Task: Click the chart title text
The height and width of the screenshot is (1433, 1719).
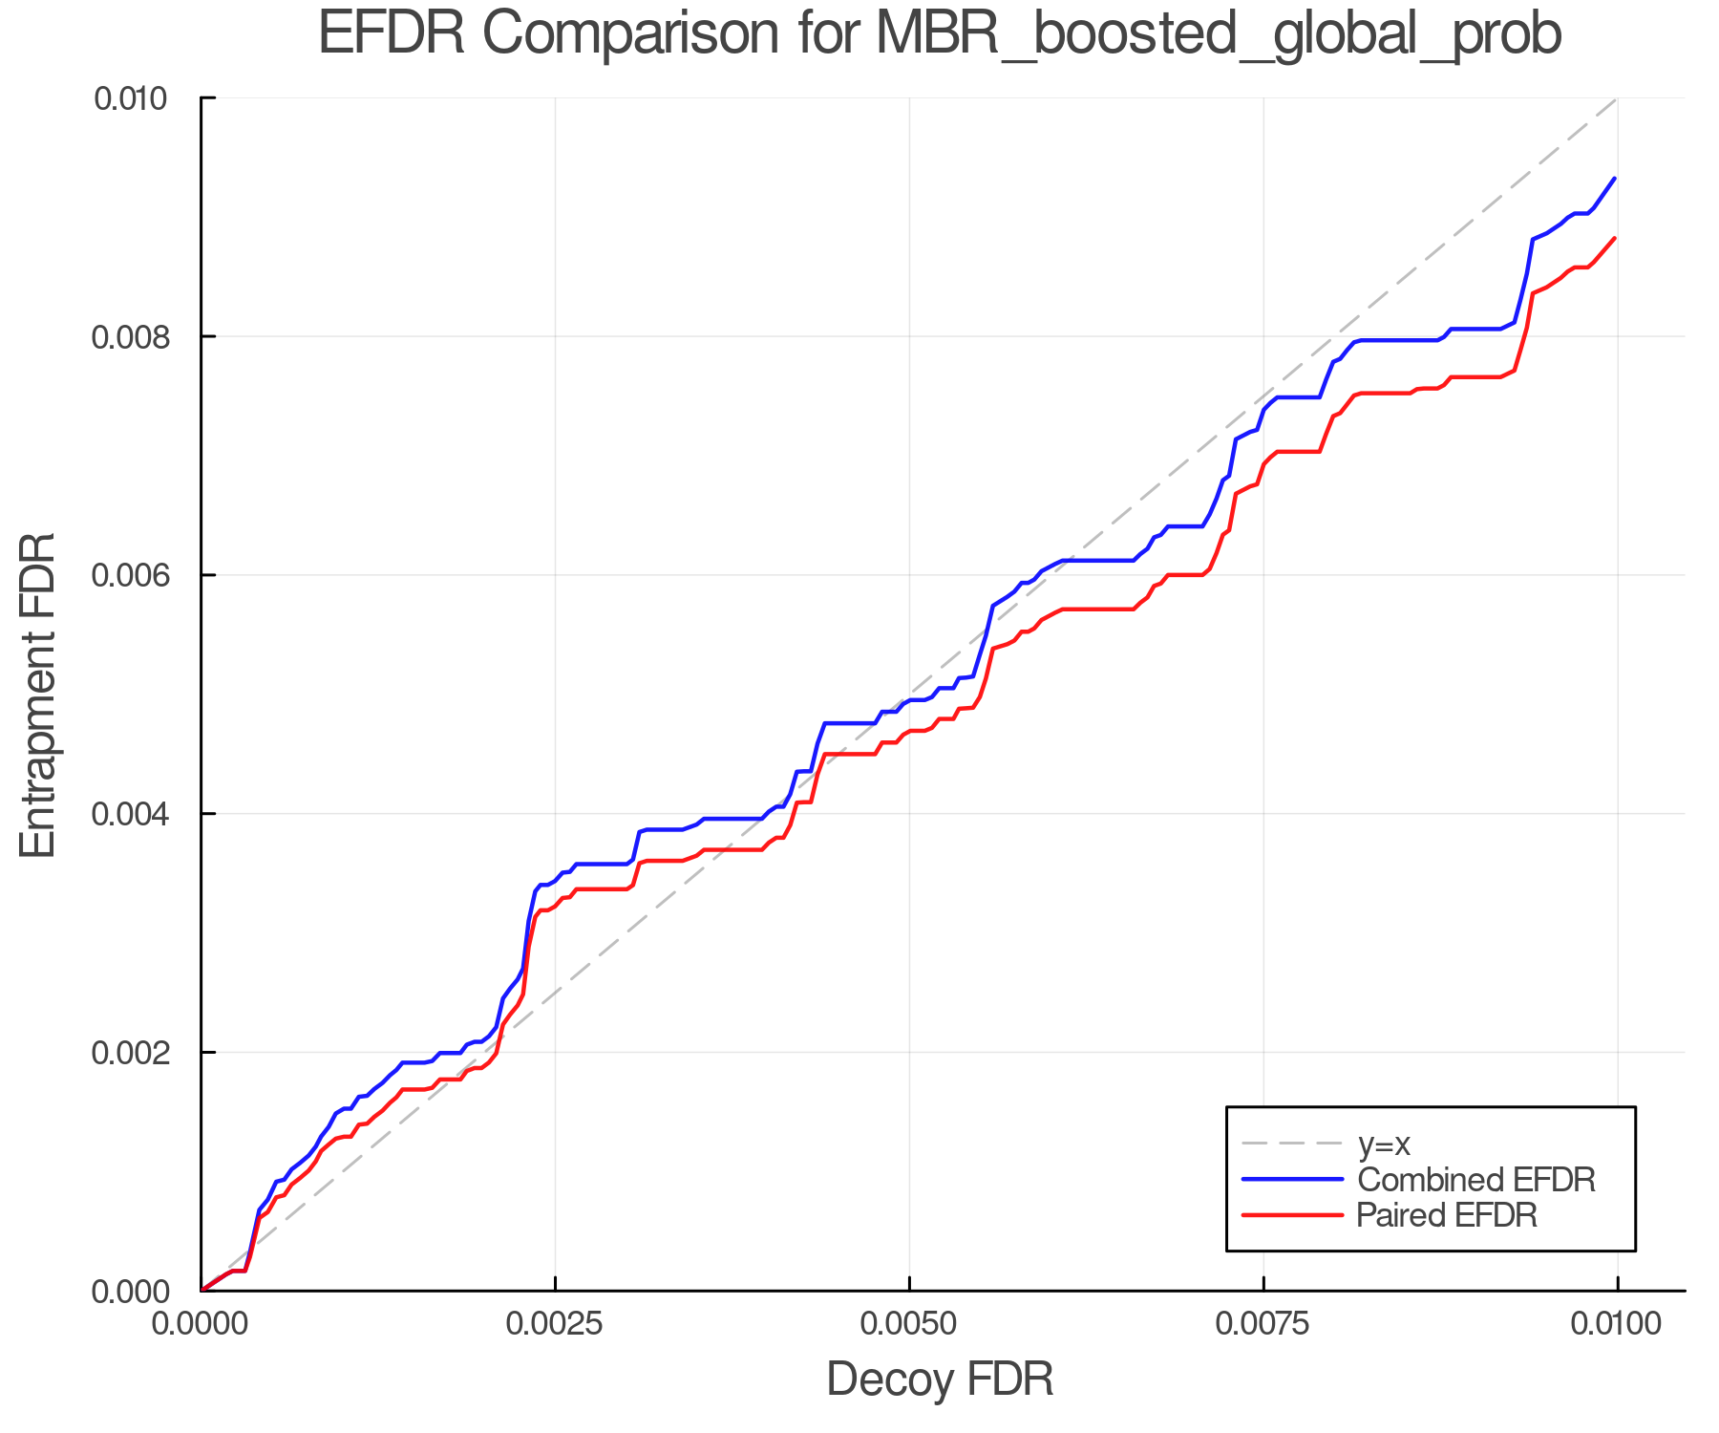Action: (940, 34)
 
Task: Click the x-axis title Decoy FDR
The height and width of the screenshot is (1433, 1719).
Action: (940, 1380)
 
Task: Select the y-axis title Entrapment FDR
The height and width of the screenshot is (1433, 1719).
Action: (38, 695)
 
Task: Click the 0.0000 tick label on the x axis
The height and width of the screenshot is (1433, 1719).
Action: (202, 1324)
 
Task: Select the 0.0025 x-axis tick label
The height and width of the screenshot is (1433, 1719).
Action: (555, 1324)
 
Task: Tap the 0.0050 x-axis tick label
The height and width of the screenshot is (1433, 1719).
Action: (909, 1324)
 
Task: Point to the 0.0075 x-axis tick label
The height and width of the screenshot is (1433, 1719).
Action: (1263, 1324)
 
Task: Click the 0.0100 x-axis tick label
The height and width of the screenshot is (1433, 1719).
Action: (1617, 1324)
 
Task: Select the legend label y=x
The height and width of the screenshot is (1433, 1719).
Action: (1384, 1144)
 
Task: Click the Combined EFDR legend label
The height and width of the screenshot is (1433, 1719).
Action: (1475, 1180)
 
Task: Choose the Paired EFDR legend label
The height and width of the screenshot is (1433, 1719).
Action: (1447, 1215)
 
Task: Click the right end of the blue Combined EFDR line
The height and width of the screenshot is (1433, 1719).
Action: (1615, 179)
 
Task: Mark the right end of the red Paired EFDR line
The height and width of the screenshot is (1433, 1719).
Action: (1615, 238)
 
